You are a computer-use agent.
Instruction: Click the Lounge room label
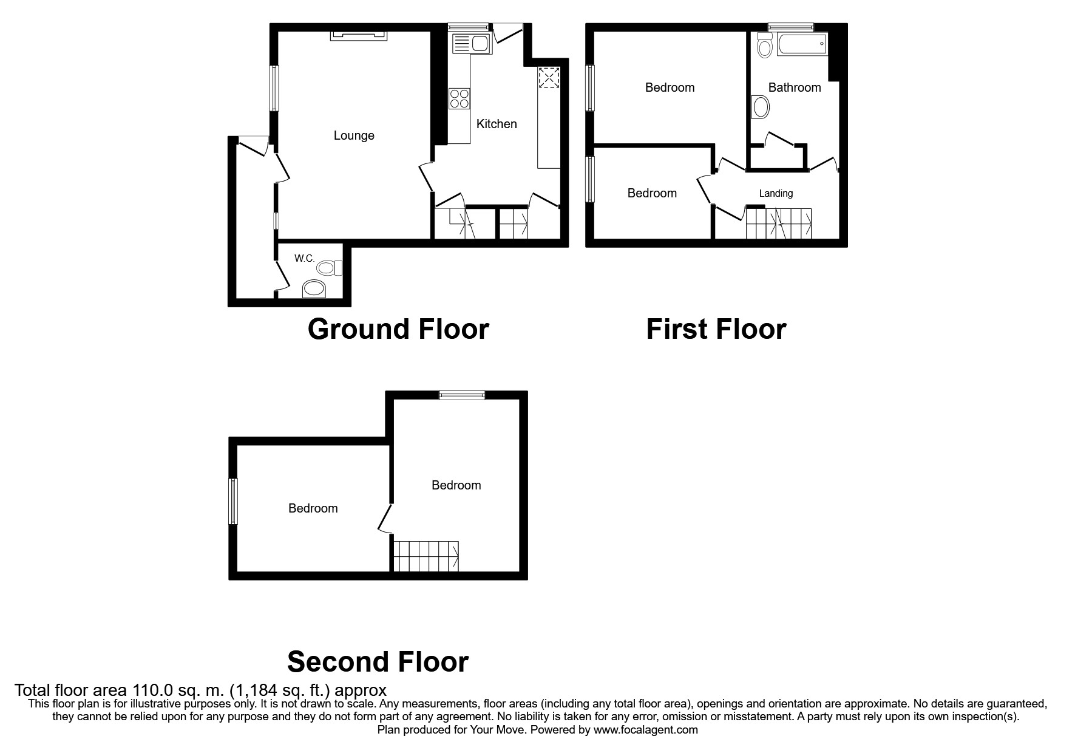[354, 135]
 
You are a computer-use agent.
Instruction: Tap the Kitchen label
[497, 124]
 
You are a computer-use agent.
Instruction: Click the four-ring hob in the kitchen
[459, 98]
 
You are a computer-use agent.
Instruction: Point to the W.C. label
[304, 259]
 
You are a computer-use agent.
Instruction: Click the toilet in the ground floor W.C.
[330, 267]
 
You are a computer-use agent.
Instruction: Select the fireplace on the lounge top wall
[359, 36]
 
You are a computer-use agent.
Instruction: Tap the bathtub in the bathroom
[802, 45]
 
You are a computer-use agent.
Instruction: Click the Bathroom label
[794, 87]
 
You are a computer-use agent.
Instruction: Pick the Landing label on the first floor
[776, 194]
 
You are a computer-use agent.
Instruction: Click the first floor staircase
[779, 223]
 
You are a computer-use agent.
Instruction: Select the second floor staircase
[426, 556]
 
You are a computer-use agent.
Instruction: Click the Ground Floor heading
[398, 329]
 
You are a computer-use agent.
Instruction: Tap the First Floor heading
[716, 329]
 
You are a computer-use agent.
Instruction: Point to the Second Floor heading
[378, 661]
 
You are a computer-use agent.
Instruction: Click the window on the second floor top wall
[463, 395]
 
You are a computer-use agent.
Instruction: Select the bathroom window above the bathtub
[790, 27]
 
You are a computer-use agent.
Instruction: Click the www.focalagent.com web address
[645, 730]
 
